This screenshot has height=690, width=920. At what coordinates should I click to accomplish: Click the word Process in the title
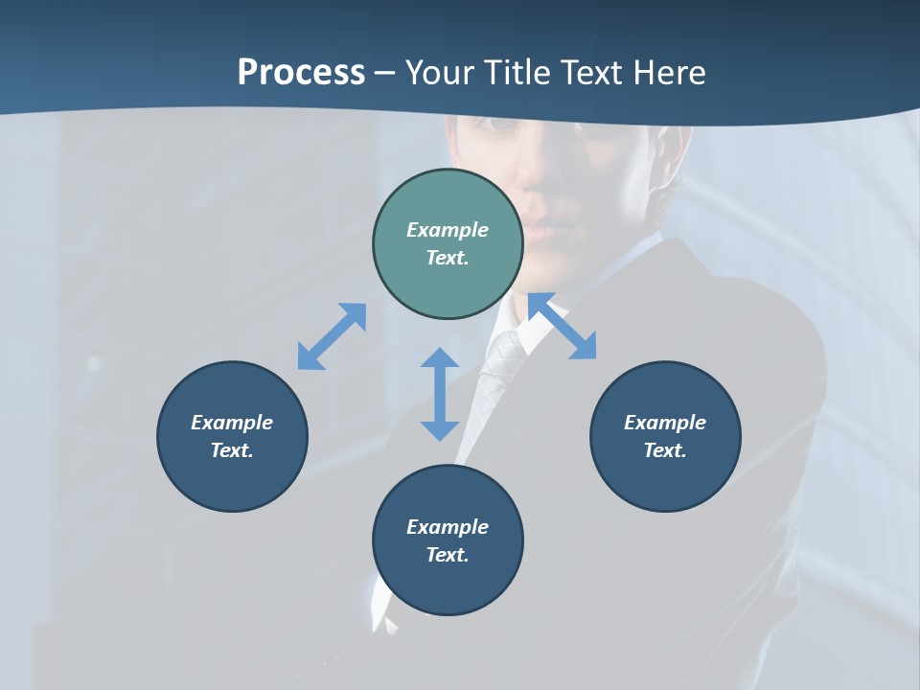point(301,73)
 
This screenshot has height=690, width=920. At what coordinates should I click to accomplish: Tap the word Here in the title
point(670,73)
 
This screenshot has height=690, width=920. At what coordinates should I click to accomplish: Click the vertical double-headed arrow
point(440,394)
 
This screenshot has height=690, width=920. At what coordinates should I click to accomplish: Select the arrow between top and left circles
point(332,336)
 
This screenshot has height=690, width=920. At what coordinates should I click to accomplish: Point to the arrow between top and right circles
point(563,326)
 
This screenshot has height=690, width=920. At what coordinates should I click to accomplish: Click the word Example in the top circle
point(448,230)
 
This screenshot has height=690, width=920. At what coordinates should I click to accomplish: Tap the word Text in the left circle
point(232,450)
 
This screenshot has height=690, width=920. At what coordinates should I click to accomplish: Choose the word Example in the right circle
point(665,423)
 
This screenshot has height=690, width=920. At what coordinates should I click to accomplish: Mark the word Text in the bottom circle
point(448,555)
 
